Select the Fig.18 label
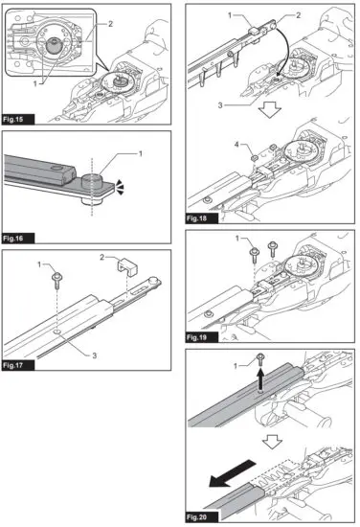[x=197, y=218]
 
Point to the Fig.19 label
[x=197, y=338]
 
